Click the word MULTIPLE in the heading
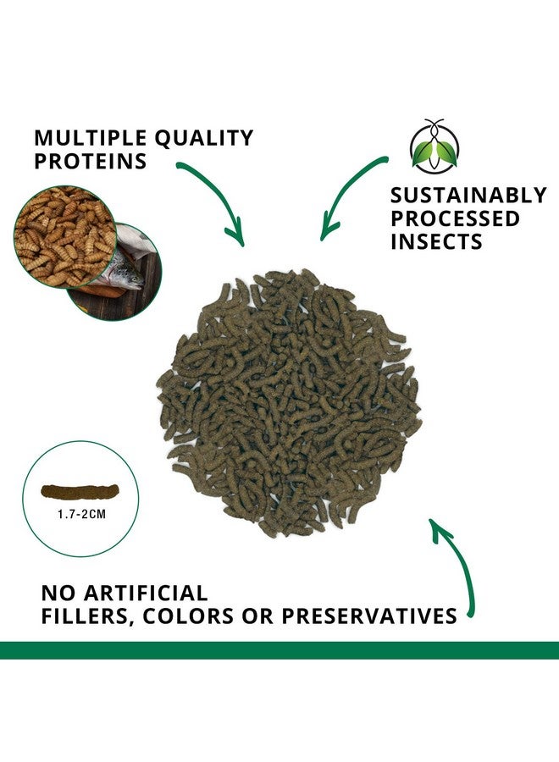point(91,138)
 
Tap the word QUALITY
point(204,139)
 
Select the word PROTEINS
point(91,162)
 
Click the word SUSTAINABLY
point(468,196)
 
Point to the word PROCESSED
point(455,218)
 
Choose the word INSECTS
point(436,241)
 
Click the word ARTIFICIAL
point(146,594)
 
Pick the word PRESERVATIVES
point(369,616)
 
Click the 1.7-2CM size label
point(81,514)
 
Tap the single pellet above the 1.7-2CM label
point(80,492)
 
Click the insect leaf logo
point(434,146)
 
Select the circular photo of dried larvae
point(65,236)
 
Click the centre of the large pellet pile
point(290,402)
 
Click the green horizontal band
point(279,650)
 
